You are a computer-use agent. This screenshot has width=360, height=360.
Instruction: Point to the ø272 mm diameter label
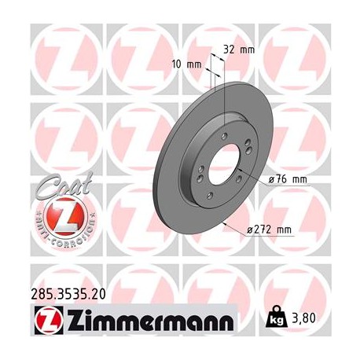[x=269, y=230]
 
